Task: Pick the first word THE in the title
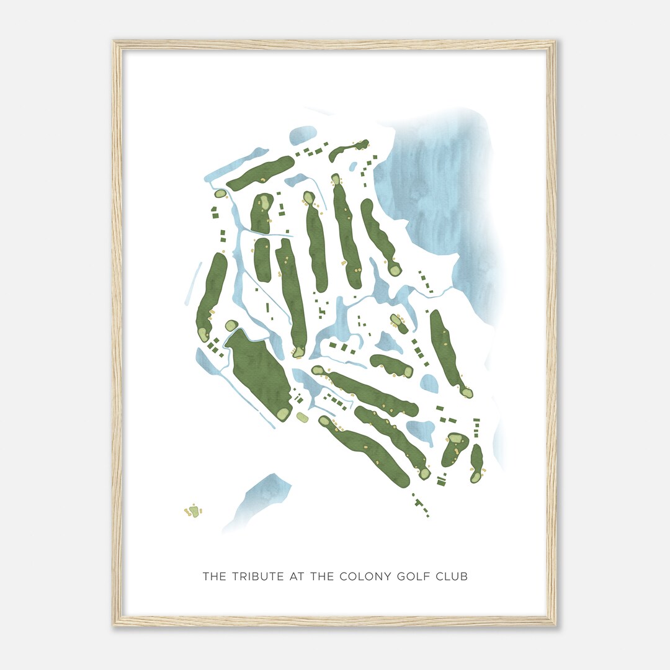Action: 215,576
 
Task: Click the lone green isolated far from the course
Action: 194,512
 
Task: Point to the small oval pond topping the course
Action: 303,135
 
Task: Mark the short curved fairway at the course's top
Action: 347,150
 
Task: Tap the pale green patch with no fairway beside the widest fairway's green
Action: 302,418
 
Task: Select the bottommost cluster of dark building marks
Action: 422,506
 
